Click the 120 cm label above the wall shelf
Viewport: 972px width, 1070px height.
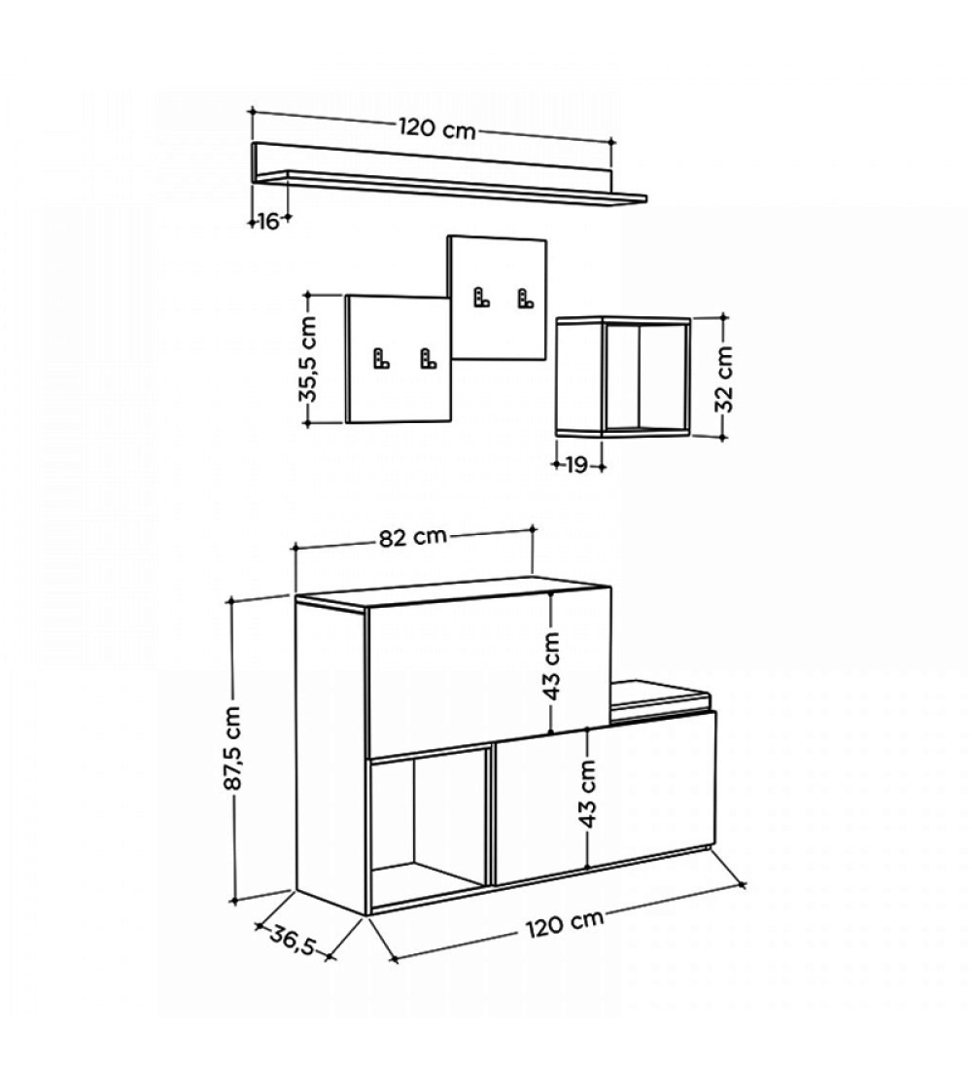coord(437,128)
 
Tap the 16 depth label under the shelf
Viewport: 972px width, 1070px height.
coord(268,221)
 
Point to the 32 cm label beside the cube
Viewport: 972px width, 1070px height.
coord(724,379)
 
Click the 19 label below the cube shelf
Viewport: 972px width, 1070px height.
coord(577,465)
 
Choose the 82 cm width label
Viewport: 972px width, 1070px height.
coord(413,537)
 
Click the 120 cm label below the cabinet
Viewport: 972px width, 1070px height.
coord(565,921)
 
